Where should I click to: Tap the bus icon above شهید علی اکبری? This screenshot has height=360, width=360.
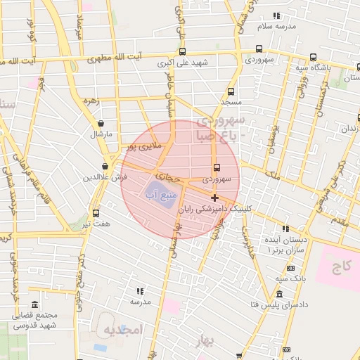click(183, 51)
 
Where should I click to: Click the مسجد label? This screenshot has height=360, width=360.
click(231, 102)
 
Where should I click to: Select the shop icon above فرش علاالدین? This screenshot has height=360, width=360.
click(104, 166)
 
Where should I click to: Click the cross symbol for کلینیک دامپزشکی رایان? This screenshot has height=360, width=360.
click(214, 198)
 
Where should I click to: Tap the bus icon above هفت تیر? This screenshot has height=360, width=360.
click(96, 213)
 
